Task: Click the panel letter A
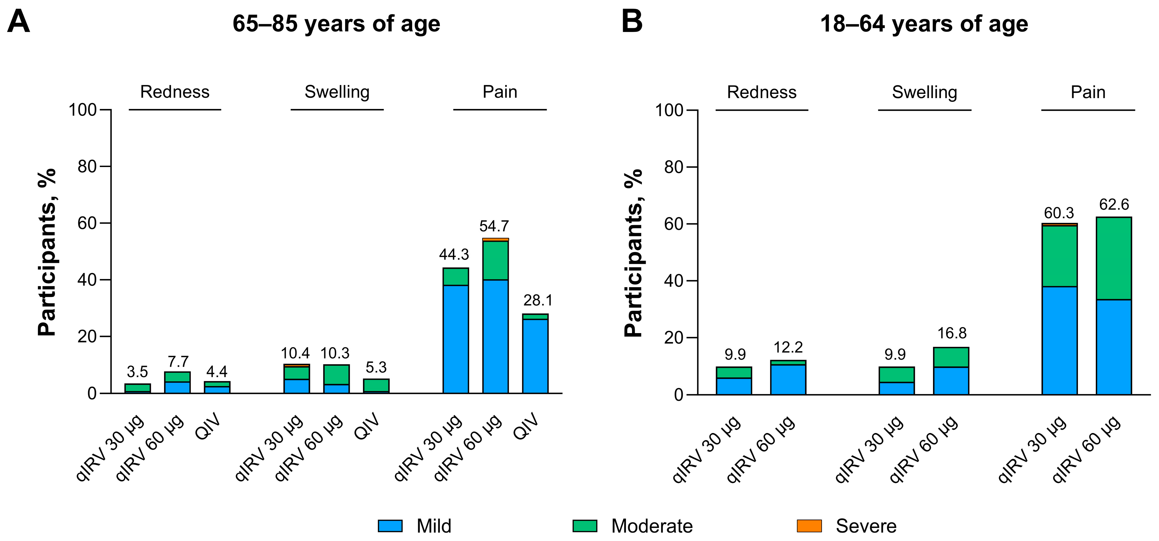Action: click(19, 22)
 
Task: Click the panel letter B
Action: click(632, 22)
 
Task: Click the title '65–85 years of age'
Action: click(336, 24)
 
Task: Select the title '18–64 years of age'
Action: click(924, 24)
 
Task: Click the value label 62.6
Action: click(1114, 205)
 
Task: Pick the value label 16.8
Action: click(952, 333)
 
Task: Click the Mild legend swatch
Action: click(390, 526)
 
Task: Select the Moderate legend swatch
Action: click(584, 526)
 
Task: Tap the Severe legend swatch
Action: click(809, 526)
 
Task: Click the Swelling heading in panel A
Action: click(337, 92)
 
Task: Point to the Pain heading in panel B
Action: click(1088, 92)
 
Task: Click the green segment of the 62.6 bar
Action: click(1114, 258)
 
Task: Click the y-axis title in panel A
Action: click(47, 252)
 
